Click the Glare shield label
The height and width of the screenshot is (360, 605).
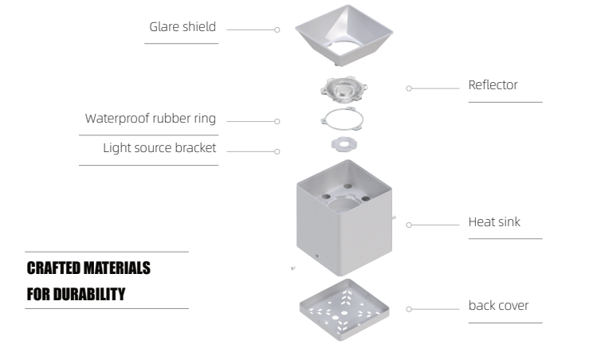tap(183, 27)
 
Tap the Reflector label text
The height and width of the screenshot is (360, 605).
tap(493, 85)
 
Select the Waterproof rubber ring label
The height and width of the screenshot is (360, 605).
tap(151, 119)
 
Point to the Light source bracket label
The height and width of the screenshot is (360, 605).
tap(159, 148)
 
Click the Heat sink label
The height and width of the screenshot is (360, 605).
tap(494, 221)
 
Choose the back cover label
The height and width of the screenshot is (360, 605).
tap(498, 305)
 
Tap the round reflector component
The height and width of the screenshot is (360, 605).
tap(344, 92)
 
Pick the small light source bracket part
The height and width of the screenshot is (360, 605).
tap(344, 145)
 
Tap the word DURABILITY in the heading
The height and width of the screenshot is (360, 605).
tap(88, 294)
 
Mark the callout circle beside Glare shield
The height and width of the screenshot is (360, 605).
tap(277, 29)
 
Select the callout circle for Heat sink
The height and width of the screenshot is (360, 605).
tap(408, 225)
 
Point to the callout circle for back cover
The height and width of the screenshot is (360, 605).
tap(408, 307)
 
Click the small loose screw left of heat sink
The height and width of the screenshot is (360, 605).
tap(293, 268)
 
